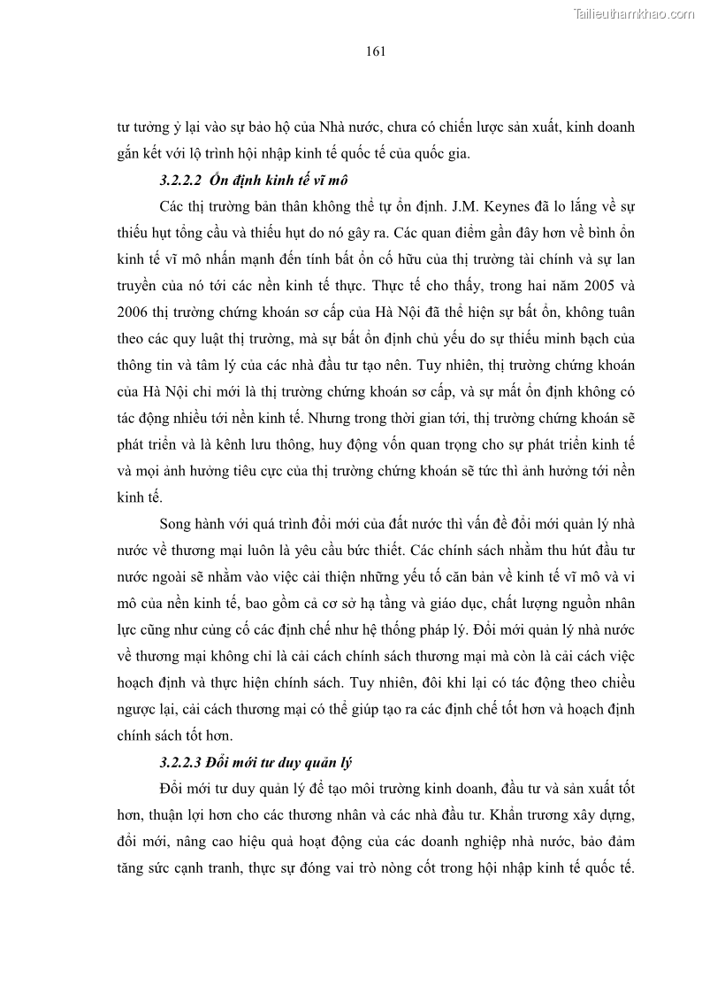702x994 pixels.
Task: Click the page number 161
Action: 374,51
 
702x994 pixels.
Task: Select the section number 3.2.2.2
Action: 180,180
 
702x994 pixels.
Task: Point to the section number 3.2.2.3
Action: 180,761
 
